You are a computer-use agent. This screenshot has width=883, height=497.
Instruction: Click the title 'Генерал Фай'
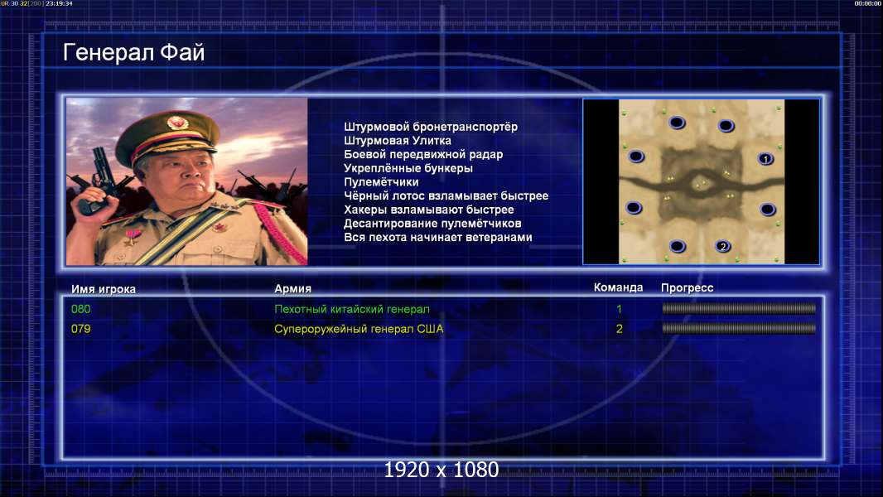tap(133, 52)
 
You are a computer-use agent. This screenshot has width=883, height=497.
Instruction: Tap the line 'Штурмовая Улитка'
tap(398, 141)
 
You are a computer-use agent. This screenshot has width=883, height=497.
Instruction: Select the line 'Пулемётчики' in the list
tap(381, 181)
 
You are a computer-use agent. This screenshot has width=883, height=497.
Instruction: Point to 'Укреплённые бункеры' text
tap(408, 168)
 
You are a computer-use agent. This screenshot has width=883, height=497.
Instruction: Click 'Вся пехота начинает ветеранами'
tap(438, 237)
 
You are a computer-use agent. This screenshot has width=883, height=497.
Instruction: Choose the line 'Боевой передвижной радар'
tap(423, 154)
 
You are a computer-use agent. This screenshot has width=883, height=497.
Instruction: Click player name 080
tap(80, 309)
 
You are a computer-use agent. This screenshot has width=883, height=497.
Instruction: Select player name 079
tap(80, 329)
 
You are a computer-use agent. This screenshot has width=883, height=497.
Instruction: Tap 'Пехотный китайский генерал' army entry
tap(352, 309)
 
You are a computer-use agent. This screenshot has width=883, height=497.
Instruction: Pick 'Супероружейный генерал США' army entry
tap(359, 329)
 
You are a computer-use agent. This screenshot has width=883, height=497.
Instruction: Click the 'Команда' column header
tap(618, 287)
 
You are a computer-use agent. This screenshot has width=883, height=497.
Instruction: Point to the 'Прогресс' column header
tap(687, 287)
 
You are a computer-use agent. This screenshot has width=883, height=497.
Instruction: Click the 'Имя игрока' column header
tap(103, 289)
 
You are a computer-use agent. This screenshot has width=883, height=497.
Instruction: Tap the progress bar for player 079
tap(739, 328)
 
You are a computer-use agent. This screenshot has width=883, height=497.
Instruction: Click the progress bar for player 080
tap(739, 308)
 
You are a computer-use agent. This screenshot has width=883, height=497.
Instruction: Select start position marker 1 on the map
tap(765, 159)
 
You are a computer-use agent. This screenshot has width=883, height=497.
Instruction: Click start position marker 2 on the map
tap(723, 246)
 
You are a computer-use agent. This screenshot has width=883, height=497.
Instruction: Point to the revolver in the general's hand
tap(99, 180)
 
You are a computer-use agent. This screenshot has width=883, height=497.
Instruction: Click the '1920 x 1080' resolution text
tap(441, 470)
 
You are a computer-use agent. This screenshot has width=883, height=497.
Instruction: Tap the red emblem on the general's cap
tap(176, 123)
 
